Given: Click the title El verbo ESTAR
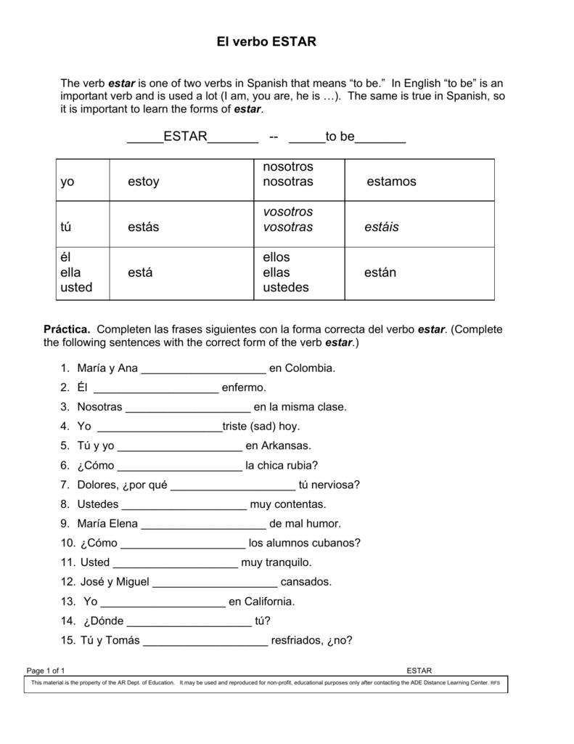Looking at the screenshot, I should point(266,42).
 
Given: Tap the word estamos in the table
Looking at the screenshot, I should point(391,182).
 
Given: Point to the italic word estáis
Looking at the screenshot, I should point(382,227).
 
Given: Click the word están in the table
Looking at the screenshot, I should point(380,272).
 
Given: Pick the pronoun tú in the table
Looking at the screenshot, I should point(66,227).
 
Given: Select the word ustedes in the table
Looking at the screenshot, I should point(285,288).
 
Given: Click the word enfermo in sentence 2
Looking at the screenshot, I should point(244,388).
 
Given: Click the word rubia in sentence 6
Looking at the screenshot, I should point(303,466).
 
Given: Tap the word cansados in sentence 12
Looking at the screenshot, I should point(306,582).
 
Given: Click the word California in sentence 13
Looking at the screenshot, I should point(262,602).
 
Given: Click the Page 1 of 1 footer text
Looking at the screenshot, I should point(46,670).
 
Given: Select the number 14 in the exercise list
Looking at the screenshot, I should point(68,621).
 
